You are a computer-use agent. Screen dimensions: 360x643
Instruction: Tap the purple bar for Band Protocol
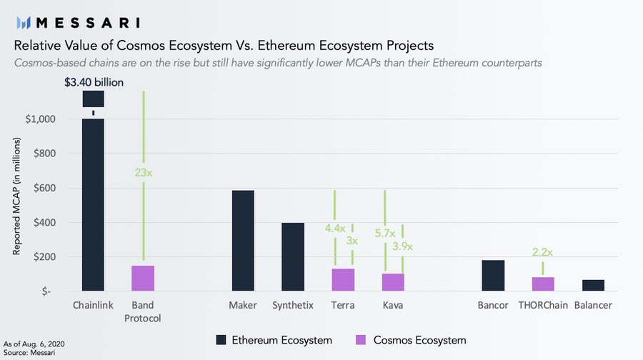pyautogui.click(x=143, y=278)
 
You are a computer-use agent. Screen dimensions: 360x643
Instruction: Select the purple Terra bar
pyautogui.click(x=343, y=279)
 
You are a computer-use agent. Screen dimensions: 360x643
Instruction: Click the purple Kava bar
pyautogui.click(x=393, y=281)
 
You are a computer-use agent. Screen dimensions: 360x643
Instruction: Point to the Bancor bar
pyautogui.click(x=493, y=275)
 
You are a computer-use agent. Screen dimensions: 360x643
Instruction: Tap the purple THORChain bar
pyautogui.click(x=543, y=284)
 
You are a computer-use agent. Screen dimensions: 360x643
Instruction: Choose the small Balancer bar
pyautogui.click(x=593, y=285)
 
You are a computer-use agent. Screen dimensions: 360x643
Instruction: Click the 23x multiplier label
pyautogui.click(x=143, y=172)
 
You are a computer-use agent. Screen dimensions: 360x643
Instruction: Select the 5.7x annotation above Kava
pyautogui.click(x=385, y=231)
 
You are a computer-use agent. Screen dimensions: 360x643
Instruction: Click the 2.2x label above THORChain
pyautogui.click(x=543, y=251)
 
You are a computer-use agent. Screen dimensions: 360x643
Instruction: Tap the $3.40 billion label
pyautogui.click(x=94, y=82)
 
